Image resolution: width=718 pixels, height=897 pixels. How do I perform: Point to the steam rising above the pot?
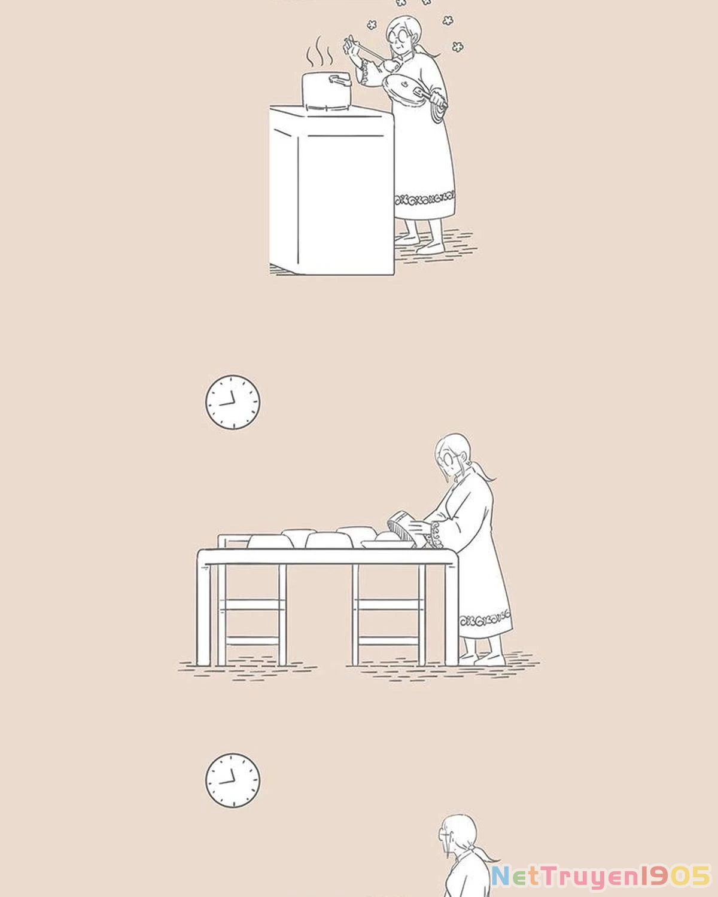coord(320,52)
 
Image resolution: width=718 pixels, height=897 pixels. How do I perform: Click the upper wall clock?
coord(233,402)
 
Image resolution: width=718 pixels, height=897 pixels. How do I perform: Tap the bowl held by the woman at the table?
coord(403,529)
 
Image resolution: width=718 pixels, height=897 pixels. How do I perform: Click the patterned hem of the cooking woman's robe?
coord(425,199)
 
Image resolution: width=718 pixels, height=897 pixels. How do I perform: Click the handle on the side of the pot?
coord(340,80)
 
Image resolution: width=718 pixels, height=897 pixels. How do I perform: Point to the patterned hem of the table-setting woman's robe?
coord(485,618)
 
